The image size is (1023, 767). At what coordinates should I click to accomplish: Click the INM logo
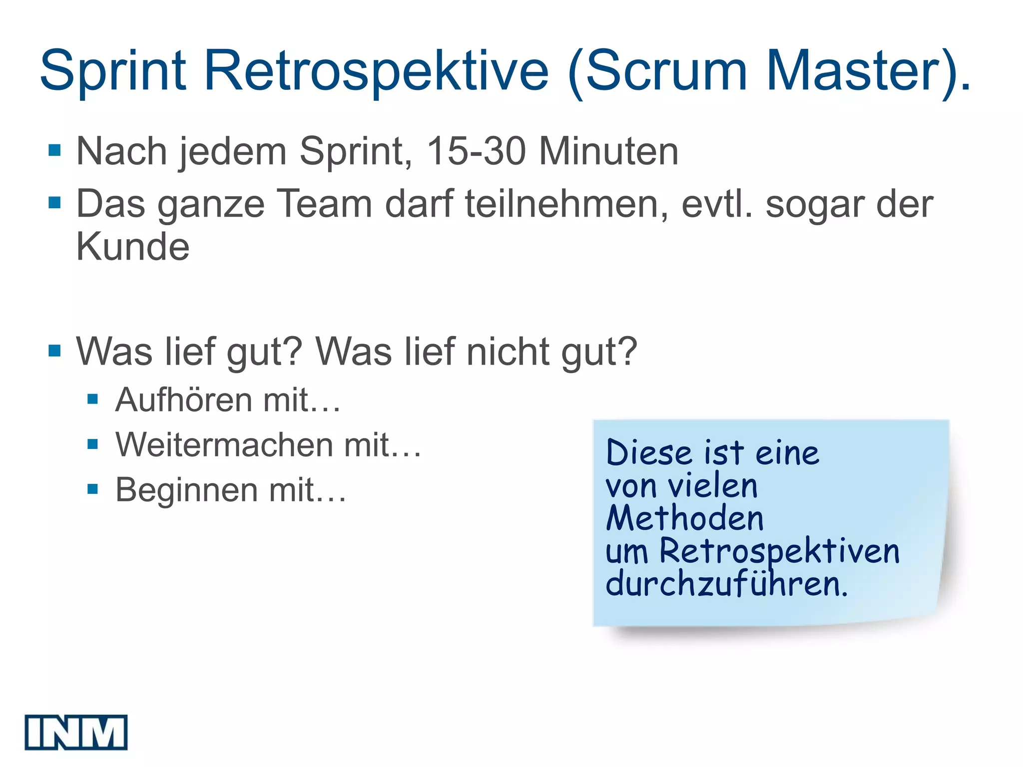[x=76, y=732]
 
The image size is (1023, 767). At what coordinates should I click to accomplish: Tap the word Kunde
[x=133, y=247]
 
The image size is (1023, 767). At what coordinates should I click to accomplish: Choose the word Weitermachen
[x=224, y=444]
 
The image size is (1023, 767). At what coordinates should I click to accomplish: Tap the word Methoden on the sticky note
[x=685, y=518]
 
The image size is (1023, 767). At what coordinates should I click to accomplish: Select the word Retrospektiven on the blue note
[x=780, y=552]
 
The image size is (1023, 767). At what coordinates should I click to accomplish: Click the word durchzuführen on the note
[x=727, y=584]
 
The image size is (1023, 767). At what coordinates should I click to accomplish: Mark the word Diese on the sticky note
[x=649, y=453]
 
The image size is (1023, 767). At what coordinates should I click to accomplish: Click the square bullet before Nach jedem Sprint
[x=54, y=150]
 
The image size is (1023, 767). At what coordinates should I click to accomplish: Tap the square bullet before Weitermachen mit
[x=92, y=444]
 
